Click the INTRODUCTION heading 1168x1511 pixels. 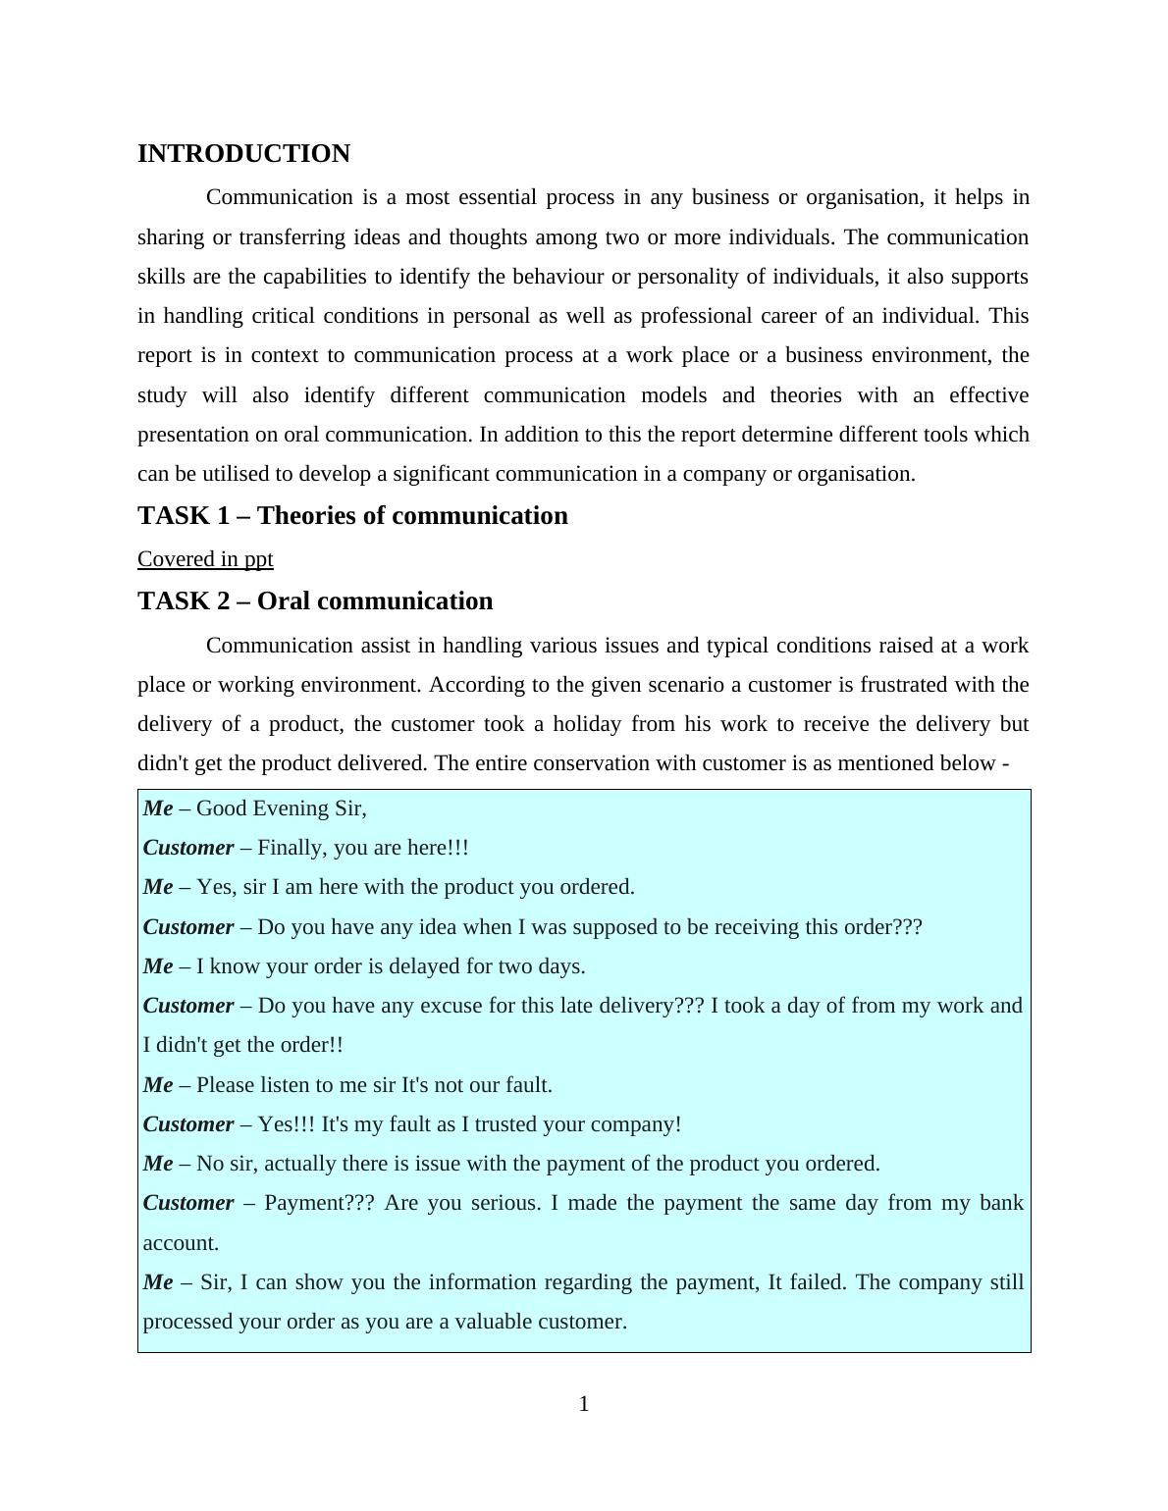243,154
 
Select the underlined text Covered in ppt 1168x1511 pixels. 205,559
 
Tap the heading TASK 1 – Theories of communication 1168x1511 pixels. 352,516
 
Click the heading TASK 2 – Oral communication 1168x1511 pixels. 315,601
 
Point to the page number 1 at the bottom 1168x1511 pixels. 584,1404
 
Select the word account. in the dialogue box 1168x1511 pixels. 181,1243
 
